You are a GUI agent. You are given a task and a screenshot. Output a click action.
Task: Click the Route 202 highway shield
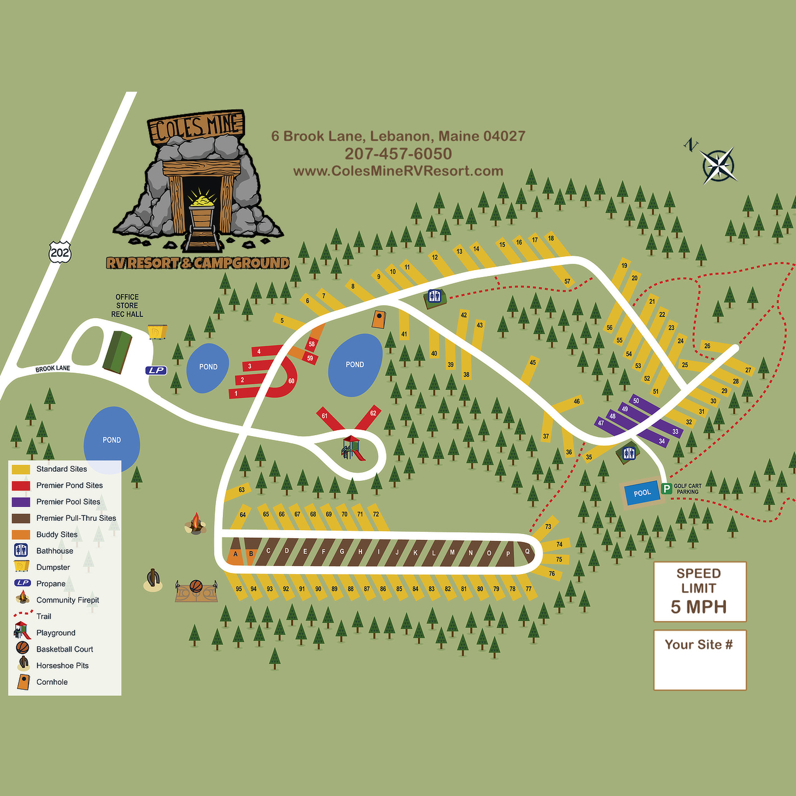[x=60, y=252]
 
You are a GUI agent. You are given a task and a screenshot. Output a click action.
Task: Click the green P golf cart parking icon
[x=666, y=489]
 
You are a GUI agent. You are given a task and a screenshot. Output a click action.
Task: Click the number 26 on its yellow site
[x=707, y=346]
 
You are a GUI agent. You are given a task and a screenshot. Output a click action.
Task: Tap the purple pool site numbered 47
[x=601, y=423]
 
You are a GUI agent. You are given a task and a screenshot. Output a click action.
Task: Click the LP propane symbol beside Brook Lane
[x=156, y=370]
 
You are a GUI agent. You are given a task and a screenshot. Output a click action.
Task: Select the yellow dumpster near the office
[x=157, y=331]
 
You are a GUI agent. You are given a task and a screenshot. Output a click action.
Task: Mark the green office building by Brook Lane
[x=117, y=352]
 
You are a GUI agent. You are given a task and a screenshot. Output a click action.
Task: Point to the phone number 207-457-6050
[x=398, y=154]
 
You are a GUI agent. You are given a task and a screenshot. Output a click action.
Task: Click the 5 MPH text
[x=698, y=607]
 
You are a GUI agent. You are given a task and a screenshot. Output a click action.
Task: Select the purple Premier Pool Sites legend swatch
[x=21, y=501]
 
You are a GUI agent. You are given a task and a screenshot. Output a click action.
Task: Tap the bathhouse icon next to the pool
[x=629, y=453]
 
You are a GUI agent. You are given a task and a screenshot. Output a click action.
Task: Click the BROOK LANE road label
[x=53, y=368]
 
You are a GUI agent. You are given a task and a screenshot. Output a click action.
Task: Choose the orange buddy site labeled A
[x=235, y=554]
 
